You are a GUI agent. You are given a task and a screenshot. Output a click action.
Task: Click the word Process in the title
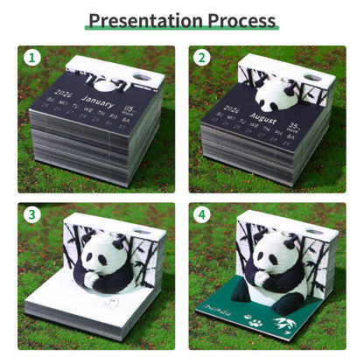coord(242,19)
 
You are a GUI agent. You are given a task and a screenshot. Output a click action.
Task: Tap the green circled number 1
coord(31,59)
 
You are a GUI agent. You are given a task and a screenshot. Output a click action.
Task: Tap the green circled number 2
coord(202,59)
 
